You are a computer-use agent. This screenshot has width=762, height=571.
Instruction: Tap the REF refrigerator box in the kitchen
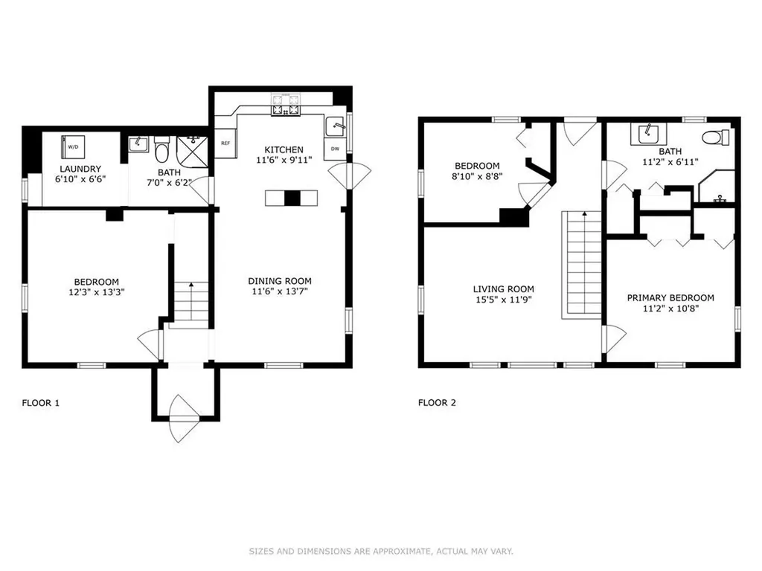pos(225,143)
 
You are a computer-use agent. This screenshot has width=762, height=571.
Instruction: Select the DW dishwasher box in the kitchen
pos(336,149)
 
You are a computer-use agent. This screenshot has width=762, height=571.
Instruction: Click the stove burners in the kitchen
pos(286,105)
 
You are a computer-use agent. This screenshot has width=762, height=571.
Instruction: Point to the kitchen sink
pos(335,127)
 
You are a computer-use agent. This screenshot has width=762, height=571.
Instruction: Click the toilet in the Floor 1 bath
pos(161,150)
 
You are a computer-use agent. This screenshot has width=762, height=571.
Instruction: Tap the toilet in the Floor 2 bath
pos(716,138)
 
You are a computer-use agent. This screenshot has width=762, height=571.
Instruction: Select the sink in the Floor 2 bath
pos(648,134)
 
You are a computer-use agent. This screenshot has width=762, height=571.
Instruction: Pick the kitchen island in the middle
pos(292,198)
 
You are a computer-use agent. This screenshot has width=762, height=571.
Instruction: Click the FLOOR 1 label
pos(41,403)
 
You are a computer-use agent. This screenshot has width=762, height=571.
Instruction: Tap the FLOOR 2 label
pos(437,402)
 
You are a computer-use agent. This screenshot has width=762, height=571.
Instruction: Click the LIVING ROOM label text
pos(504,289)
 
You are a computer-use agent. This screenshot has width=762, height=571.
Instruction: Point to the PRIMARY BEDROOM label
pos(670,297)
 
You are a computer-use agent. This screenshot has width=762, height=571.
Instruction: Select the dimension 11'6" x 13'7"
pos(280,291)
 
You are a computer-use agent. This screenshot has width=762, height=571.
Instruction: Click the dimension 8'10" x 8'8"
pos(477,176)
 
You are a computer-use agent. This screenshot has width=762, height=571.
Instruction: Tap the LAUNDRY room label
pos(80,169)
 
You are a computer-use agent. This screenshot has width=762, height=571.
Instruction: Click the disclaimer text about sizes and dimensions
pos(381,551)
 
